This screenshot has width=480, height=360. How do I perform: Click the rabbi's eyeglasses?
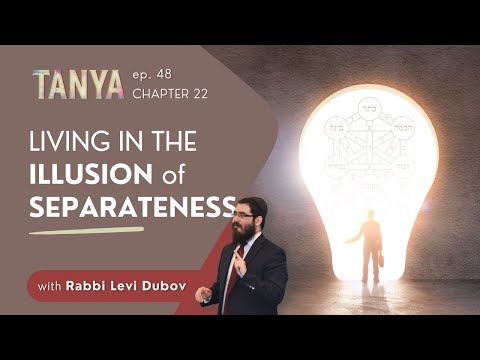coord(243,213)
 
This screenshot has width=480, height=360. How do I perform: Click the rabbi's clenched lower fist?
coord(204,293)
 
